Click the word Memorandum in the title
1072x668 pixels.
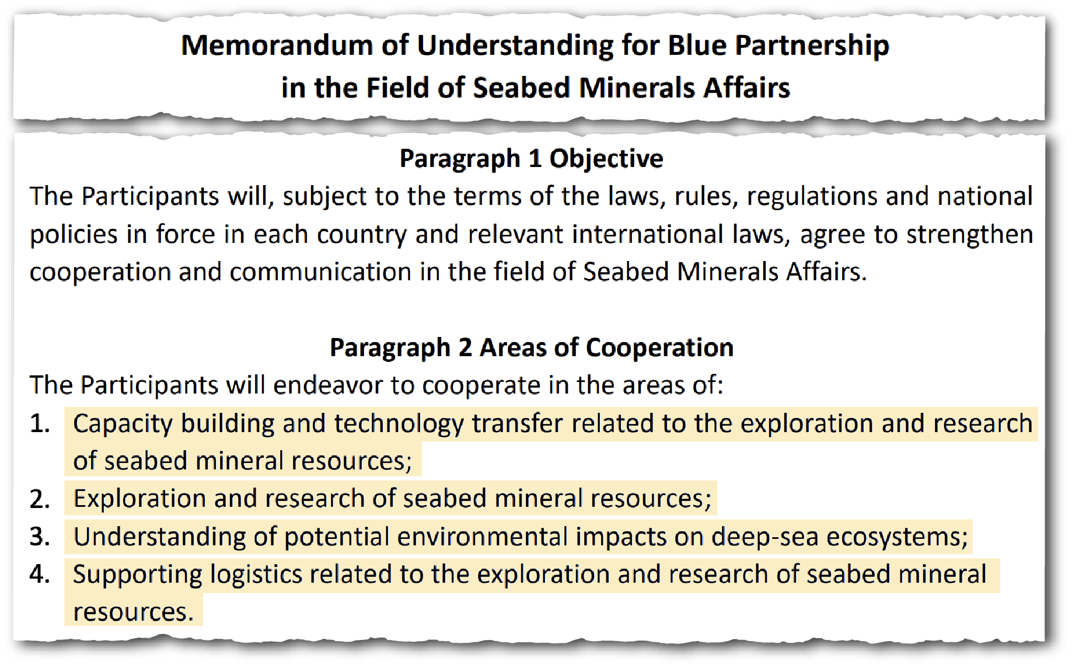[x=277, y=46]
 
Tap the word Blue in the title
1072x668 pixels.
[x=697, y=46]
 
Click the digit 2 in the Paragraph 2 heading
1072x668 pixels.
[x=465, y=348]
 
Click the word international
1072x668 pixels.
[x=648, y=235]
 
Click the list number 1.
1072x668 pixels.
[x=39, y=424]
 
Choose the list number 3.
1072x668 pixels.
[x=40, y=537]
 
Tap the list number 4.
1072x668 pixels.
[x=40, y=575]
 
